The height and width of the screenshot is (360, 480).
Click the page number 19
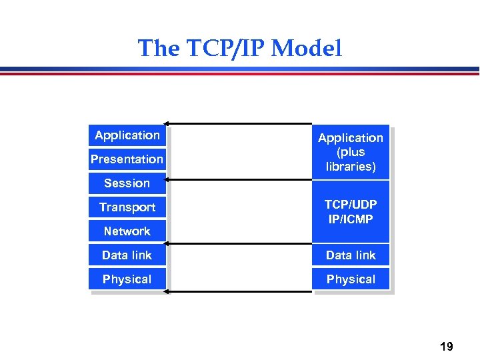pyautogui.click(x=446, y=346)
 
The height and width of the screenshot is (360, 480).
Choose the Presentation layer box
pyautogui.click(x=127, y=159)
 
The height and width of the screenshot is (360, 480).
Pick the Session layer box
pyautogui.click(x=127, y=183)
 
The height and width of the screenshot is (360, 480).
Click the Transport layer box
pyautogui.click(x=127, y=207)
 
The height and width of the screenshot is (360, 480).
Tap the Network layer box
pyautogui.click(x=127, y=231)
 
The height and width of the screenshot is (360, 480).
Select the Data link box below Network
pyautogui.click(x=127, y=255)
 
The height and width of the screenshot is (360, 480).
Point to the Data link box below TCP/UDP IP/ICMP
pyautogui.click(x=351, y=255)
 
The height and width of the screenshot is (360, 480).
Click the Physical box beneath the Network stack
pyautogui.click(x=127, y=279)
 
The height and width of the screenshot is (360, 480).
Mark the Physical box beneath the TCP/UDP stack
pyautogui.click(x=351, y=279)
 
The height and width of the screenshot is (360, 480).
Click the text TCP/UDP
pyautogui.click(x=351, y=205)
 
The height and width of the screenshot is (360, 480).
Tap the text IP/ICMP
pyautogui.click(x=351, y=219)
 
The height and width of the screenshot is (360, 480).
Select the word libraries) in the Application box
pyautogui.click(x=351, y=167)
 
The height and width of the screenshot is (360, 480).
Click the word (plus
pyautogui.click(x=351, y=152)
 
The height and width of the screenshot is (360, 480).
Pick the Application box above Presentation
pyautogui.click(x=127, y=135)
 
